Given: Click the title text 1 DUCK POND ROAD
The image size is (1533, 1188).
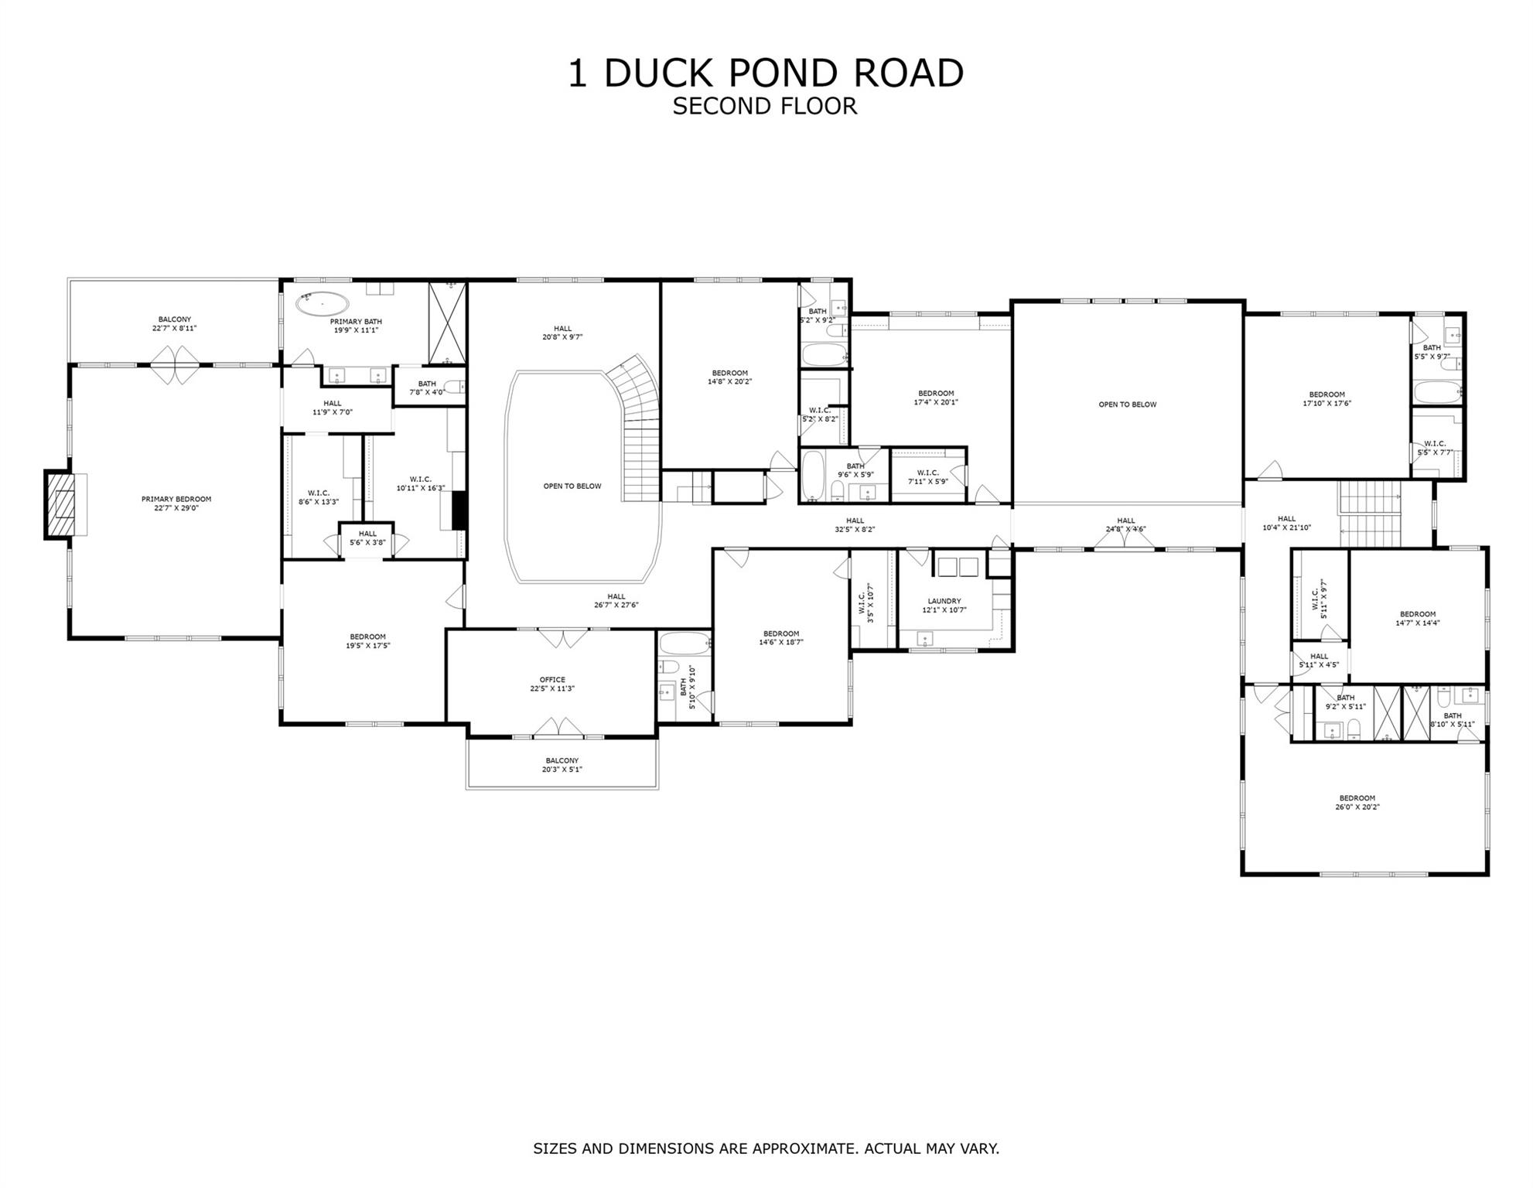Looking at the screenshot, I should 766,73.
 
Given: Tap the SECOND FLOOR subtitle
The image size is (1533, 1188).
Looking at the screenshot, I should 764,106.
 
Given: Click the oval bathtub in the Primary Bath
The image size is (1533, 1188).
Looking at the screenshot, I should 322,304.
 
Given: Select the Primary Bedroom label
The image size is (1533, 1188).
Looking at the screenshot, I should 176,504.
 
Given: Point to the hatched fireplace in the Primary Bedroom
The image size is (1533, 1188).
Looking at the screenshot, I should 60,504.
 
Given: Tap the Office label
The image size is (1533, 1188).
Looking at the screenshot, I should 552,684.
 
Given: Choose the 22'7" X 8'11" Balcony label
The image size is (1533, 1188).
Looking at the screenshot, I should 174,323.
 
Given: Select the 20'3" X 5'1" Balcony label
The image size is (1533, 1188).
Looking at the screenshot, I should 562,765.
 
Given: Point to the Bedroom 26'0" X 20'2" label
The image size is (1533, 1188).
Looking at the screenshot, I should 1357,802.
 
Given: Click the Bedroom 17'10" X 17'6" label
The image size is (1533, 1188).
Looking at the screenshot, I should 1326,398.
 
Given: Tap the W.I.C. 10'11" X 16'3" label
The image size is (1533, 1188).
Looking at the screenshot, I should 420,483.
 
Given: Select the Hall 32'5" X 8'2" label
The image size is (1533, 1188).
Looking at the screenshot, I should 854,525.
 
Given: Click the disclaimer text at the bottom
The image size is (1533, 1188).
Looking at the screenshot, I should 766,1149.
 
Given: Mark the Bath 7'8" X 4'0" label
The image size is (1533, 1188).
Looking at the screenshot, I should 427,387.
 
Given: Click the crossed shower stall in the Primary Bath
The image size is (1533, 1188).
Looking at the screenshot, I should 448,323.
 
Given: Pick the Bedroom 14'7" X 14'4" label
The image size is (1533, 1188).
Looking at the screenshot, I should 1417,618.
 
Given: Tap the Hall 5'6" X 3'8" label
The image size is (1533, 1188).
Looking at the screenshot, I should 367,538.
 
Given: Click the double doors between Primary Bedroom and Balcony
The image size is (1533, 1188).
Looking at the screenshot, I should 175,364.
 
